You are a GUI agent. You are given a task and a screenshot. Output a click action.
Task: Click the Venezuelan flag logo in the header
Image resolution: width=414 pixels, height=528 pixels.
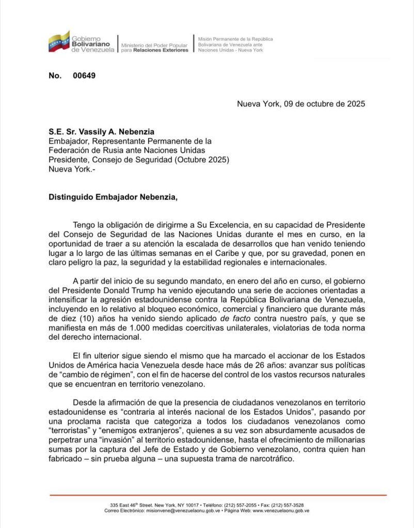59,41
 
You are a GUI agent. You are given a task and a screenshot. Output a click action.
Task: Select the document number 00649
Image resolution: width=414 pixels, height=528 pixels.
84,76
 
